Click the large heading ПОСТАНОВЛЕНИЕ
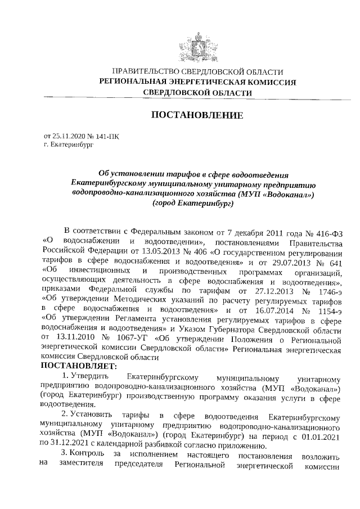pyautogui.click(x=197, y=115)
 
